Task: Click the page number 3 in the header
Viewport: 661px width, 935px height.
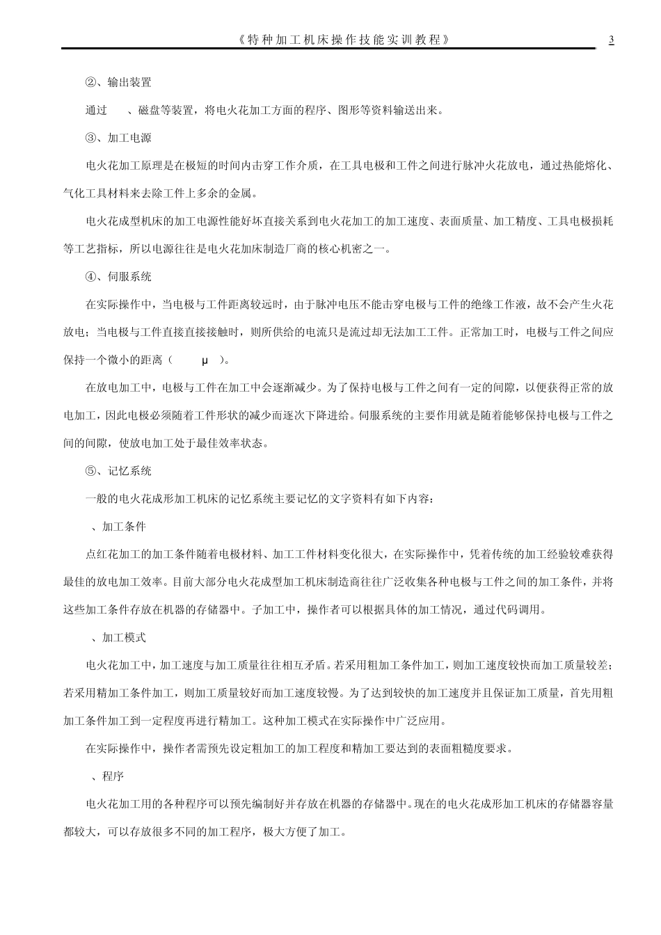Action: pos(611,40)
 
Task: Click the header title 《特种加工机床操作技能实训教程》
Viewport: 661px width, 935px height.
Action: pos(342,40)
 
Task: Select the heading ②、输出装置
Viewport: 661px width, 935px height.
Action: pos(118,82)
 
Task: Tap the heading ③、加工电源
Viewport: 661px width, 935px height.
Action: pos(118,138)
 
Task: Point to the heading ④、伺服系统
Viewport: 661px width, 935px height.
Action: pos(118,276)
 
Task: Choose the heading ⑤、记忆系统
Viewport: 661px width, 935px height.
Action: pos(118,471)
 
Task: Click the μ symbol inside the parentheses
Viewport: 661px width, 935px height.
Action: pos(205,360)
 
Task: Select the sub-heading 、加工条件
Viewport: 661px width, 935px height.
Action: pos(120,527)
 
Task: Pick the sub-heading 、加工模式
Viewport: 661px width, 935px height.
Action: pos(120,637)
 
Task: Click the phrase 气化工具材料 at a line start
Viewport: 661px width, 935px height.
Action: pos(96,193)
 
